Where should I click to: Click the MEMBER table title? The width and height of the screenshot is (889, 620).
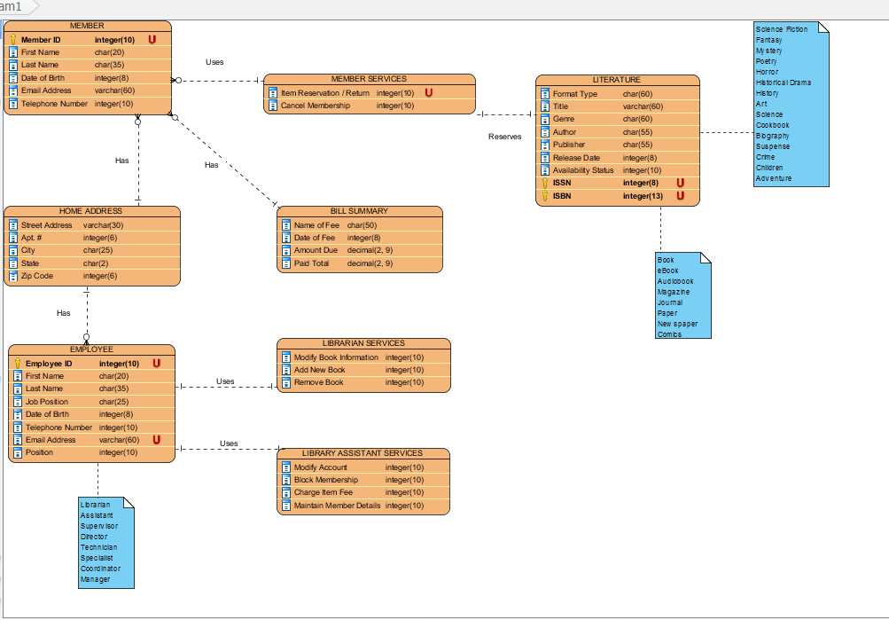coord(87,26)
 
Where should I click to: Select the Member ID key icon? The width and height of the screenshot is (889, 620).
coord(13,40)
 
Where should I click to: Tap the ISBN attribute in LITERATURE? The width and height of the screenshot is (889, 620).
coord(563,196)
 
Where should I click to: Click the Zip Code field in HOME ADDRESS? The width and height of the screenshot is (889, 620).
coord(37,276)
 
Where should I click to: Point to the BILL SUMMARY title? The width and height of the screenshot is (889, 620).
coord(359,211)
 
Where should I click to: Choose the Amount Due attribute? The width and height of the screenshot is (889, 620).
coord(316,251)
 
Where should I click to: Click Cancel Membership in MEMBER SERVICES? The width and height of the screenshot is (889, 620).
coord(315,106)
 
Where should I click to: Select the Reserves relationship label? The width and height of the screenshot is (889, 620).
coord(505,137)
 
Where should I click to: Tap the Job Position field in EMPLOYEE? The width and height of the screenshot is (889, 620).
coord(47,402)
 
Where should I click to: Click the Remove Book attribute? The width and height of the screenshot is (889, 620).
coord(318,382)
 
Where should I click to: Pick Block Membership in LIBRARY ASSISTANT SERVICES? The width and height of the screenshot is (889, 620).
coord(326,480)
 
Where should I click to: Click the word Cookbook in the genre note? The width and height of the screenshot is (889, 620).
coord(772,125)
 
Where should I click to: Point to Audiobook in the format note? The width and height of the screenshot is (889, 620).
coord(675,281)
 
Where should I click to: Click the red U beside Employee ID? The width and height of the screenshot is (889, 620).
coord(157,363)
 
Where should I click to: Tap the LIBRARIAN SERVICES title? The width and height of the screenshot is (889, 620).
coord(363,343)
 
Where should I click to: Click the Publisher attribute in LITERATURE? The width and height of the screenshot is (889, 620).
coord(569,145)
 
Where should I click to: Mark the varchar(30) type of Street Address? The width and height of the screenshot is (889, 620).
coord(103,225)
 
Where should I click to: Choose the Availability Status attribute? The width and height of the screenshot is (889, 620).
coord(582,170)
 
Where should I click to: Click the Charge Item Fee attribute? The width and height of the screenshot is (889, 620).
coord(323,492)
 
